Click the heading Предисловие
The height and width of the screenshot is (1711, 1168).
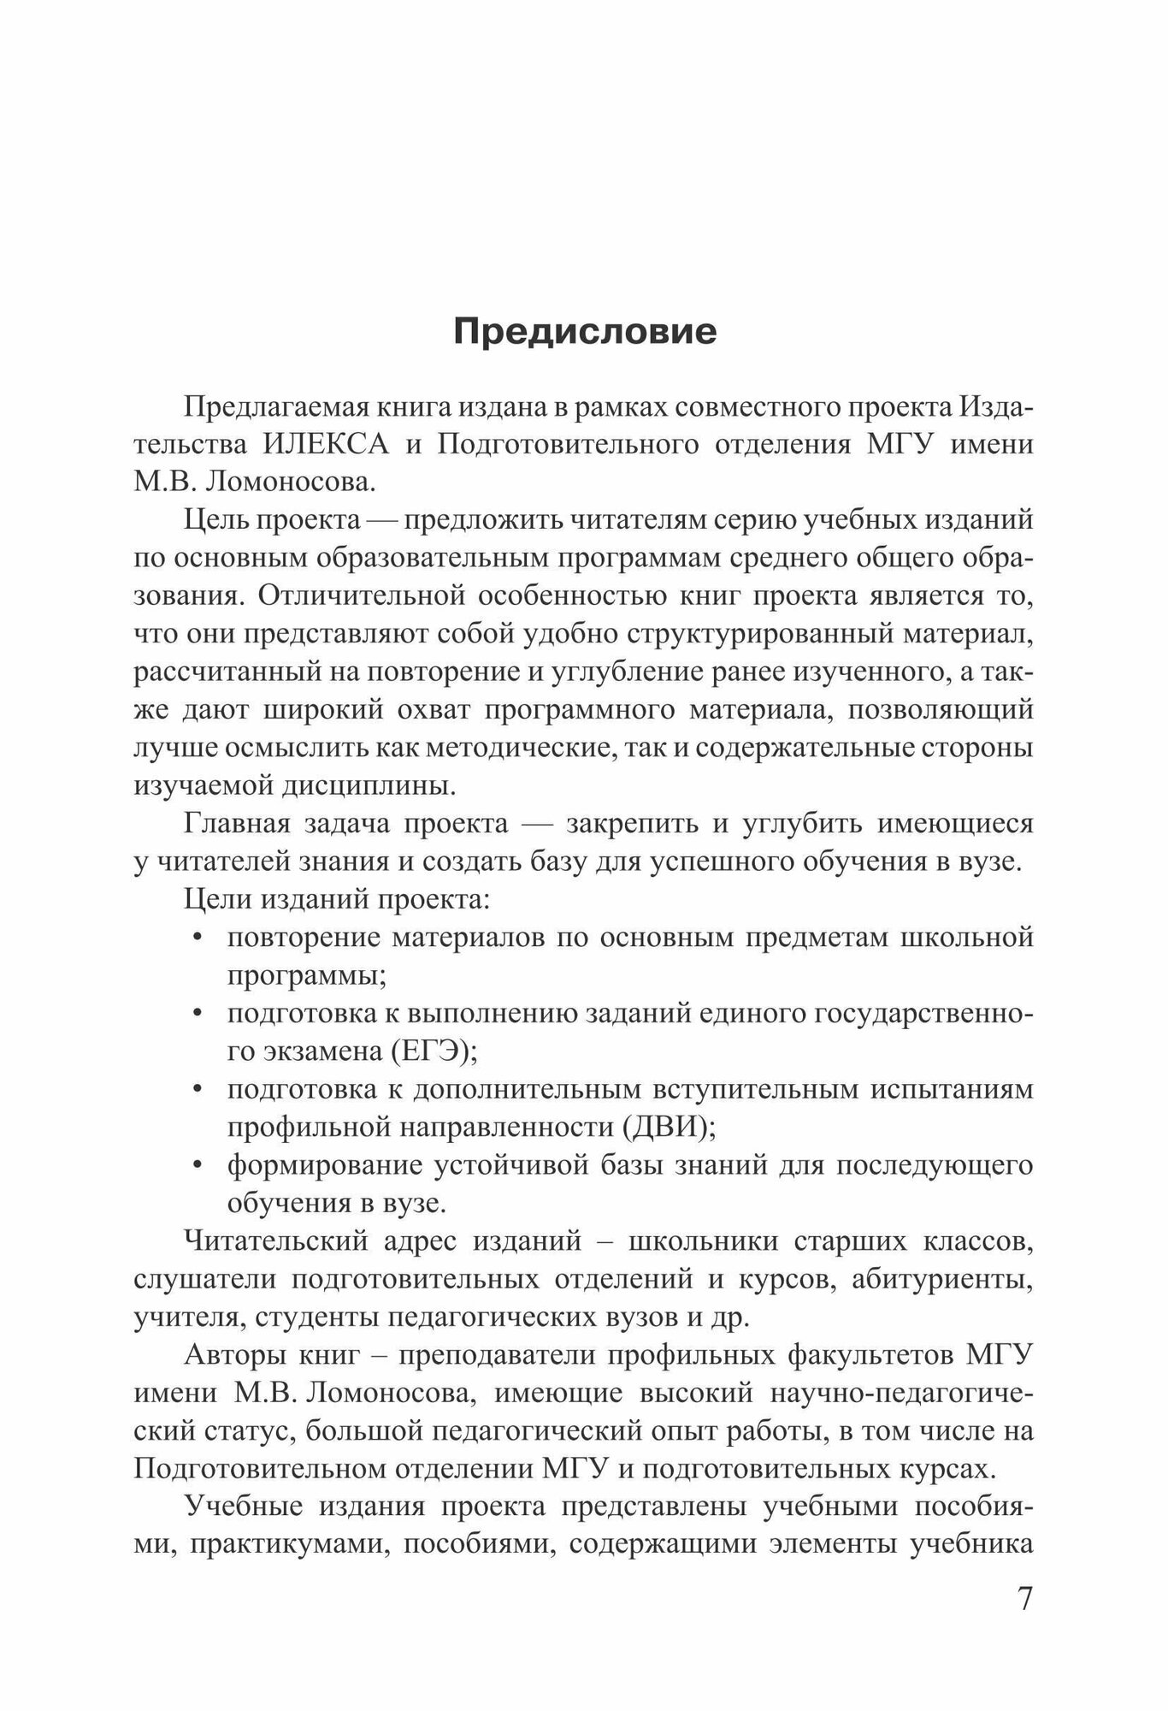tap(585, 332)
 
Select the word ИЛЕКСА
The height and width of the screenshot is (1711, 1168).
tap(326, 445)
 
